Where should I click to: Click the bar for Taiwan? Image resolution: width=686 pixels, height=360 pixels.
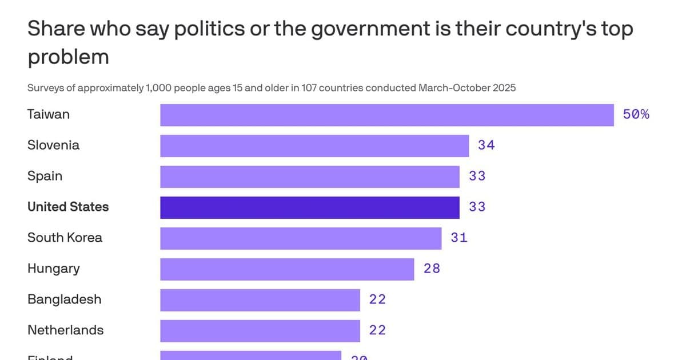pos(386,115)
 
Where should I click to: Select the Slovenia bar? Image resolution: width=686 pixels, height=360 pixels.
pos(314,146)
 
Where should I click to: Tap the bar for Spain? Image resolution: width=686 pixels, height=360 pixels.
pos(310,177)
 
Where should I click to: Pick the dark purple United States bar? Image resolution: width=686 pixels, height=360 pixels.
pos(310,207)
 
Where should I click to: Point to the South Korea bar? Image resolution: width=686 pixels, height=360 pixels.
pos(301,238)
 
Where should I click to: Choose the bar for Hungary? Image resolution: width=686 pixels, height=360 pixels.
pos(287,269)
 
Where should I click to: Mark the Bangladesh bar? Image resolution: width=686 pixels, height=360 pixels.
pos(260,300)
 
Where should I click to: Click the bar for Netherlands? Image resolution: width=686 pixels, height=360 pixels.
pos(260,331)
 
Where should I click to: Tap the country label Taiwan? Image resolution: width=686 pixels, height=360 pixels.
pos(49,114)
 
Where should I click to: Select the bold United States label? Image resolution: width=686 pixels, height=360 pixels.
pos(68,207)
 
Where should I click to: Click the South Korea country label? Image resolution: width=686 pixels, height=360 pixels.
pos(65,238)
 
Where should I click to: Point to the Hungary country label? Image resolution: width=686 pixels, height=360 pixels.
pos(54,269)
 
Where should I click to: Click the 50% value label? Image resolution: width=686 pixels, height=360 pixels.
pos(636,115)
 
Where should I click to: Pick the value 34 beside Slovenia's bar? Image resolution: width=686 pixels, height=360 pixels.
pos(486,146)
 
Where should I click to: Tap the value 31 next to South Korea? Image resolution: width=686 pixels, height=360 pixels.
pos(458,238)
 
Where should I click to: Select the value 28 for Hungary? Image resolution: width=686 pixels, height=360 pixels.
pos(432,269)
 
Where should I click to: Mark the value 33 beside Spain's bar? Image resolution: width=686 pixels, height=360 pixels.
pos(477,177)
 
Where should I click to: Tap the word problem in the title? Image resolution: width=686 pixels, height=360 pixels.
pos(68,57)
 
